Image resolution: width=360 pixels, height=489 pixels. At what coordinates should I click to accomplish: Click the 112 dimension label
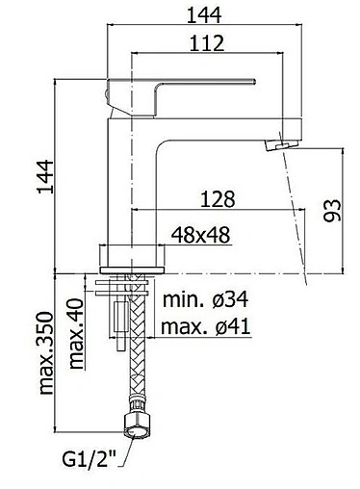pos(207,43)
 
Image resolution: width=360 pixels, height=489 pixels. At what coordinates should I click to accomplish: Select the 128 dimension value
pos(218,199)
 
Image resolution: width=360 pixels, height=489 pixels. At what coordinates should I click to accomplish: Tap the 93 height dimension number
pos(332,211)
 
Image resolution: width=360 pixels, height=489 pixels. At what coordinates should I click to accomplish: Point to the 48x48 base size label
pos(200,235)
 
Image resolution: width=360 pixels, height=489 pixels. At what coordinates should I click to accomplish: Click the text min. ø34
pos(205,299)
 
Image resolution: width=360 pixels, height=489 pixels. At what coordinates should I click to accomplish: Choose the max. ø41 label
pos(205,327)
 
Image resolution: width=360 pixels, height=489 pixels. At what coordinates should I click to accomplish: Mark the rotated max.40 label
pos(76,333)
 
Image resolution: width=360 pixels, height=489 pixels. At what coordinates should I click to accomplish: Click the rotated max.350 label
pos(46,352)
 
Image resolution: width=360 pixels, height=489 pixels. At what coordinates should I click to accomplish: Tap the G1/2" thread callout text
pos(89,459)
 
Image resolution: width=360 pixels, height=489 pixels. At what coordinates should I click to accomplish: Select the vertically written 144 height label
pos(45,176)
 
